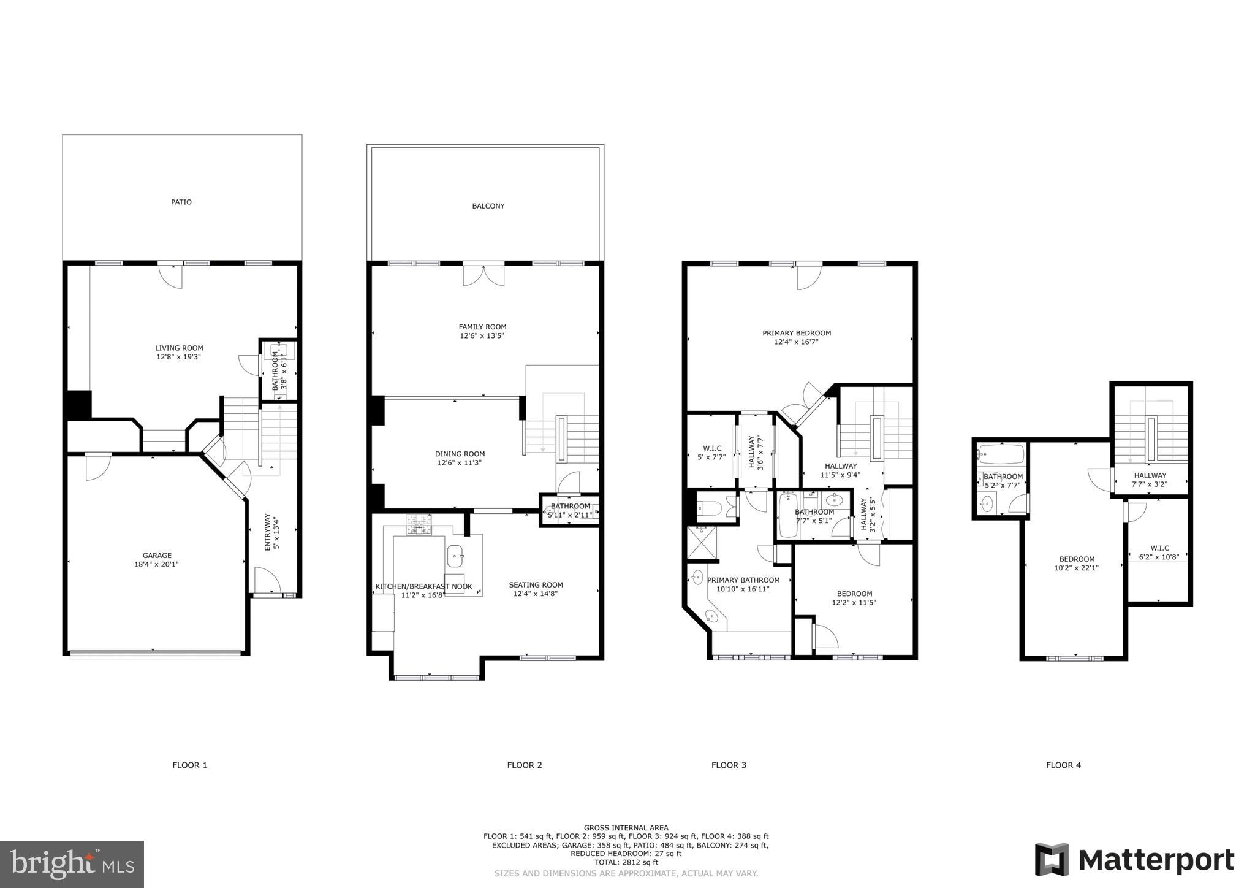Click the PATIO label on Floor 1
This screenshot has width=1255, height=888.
(x=181, y=202)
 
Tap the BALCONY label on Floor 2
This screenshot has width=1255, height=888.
(x=488, y=206)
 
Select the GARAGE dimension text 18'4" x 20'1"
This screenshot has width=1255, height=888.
(x=157, y=565)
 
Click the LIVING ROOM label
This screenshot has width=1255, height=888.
(x=179, y=348)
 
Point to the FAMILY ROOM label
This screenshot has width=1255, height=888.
(x=482, y=327)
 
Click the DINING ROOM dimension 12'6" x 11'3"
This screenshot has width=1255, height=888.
(x=460, y=463)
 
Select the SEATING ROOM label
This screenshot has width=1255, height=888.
(x=536, y=584)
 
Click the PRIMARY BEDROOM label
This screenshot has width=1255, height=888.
(x=796, y=333)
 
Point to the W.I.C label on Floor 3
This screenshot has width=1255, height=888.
(x=711, y=448)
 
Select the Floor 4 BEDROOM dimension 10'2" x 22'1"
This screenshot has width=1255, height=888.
(x=1076, y=568)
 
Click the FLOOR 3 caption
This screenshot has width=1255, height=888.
(x=729, y=765)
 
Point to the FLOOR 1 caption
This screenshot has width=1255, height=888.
(x=189, y=765)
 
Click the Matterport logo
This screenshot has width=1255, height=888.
(x=1134, y=860)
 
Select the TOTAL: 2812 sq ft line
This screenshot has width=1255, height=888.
(x=626, y=862)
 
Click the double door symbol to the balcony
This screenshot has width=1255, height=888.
(x=483, y=275)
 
